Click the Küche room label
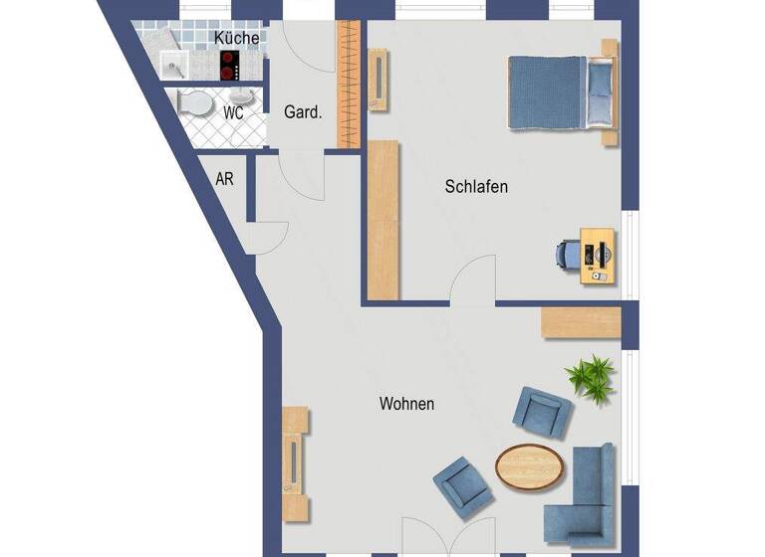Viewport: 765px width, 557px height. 237,38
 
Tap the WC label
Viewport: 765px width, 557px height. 233,112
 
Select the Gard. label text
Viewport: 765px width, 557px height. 303,112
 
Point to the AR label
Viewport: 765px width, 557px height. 225,180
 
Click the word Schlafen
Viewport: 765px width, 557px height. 477,186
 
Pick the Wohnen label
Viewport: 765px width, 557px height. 406,404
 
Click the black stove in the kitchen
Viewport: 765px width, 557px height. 233,66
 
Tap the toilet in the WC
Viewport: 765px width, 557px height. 192,102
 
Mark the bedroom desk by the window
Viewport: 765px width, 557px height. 598,254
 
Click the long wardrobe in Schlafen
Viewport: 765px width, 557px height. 383,219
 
